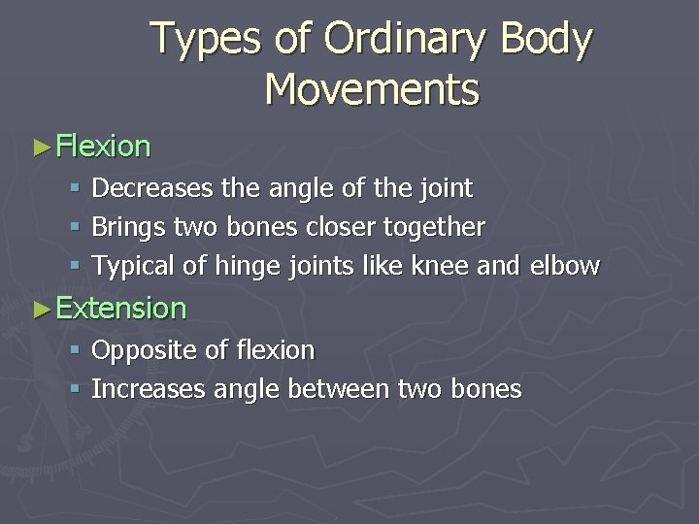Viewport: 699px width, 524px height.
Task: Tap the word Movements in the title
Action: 372,90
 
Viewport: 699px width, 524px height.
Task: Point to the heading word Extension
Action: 121,309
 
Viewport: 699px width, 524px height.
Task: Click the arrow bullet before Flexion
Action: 40,147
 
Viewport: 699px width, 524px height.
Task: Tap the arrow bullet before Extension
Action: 40,310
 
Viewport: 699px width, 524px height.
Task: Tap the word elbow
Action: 566,266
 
